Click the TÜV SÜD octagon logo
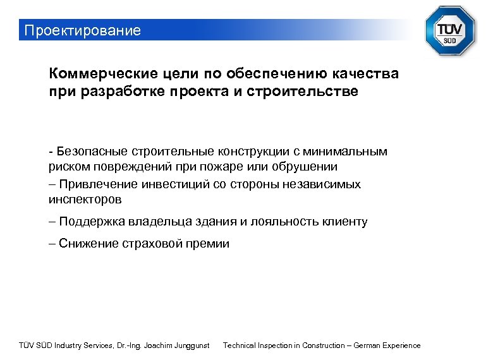point(449,31)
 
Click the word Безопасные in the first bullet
point(91,151)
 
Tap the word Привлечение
point(98,184)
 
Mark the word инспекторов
point(85,200)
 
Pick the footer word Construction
point(322,345)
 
